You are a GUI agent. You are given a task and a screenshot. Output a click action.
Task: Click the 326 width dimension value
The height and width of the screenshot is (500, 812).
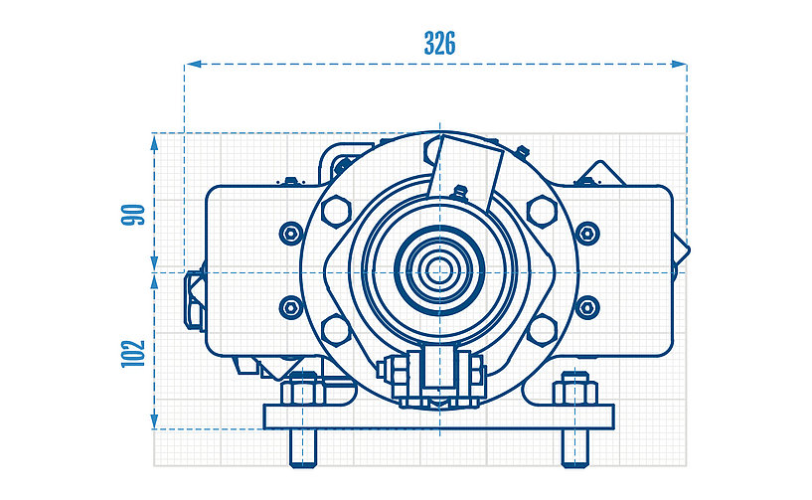439,43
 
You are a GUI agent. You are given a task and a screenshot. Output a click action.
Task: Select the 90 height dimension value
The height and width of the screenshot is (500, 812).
134,214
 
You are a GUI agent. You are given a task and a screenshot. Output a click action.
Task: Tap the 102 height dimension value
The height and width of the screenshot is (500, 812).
134,353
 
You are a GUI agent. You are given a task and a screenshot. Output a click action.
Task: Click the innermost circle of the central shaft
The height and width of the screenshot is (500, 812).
438,269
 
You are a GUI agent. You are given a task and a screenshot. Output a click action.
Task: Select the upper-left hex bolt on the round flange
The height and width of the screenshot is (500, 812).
336,210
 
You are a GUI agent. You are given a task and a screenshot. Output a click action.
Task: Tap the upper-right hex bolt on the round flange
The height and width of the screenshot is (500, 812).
541,210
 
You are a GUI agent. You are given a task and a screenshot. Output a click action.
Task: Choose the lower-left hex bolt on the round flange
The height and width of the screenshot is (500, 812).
336,327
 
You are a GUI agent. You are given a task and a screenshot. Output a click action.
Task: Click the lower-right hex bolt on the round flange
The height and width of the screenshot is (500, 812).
541,327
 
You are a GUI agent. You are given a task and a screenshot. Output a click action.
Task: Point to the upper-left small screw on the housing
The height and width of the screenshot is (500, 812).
290,234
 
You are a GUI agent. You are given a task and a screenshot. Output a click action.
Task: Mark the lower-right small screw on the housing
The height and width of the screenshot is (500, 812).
587,307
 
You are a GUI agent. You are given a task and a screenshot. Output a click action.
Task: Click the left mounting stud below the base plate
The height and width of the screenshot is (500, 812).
301,447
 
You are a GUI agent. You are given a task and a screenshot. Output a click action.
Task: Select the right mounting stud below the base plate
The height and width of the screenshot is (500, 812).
574,447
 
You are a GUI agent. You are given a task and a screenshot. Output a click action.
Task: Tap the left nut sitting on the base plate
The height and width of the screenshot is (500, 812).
301,389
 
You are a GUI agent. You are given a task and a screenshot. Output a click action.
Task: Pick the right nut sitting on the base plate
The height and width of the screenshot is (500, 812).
574,389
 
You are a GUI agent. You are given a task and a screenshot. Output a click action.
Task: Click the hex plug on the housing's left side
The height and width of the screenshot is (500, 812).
194,297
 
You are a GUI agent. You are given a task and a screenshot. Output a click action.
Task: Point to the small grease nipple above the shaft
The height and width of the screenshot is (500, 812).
458,191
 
